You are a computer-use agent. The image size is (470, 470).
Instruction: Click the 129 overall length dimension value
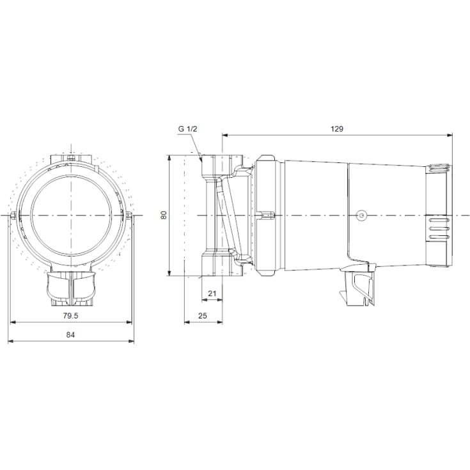[x=337, y=129]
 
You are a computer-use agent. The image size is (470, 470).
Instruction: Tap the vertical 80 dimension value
[x=163, y=215]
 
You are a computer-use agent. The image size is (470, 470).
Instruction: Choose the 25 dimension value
[x=203, y=316]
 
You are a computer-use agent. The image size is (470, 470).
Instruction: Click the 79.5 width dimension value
[x=71, y=316]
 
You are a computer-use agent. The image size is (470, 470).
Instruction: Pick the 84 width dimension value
[x=71, y=335]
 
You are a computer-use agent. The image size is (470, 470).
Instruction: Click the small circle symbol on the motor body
[x=361, y=215]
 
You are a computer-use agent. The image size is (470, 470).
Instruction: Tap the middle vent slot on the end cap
[x=439, y=227]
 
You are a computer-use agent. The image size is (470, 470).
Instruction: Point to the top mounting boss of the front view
[x=71, y=157]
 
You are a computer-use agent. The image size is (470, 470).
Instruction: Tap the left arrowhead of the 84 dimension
[x=11, y=341]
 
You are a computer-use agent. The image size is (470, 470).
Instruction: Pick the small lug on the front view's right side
[x=129, y=214]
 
